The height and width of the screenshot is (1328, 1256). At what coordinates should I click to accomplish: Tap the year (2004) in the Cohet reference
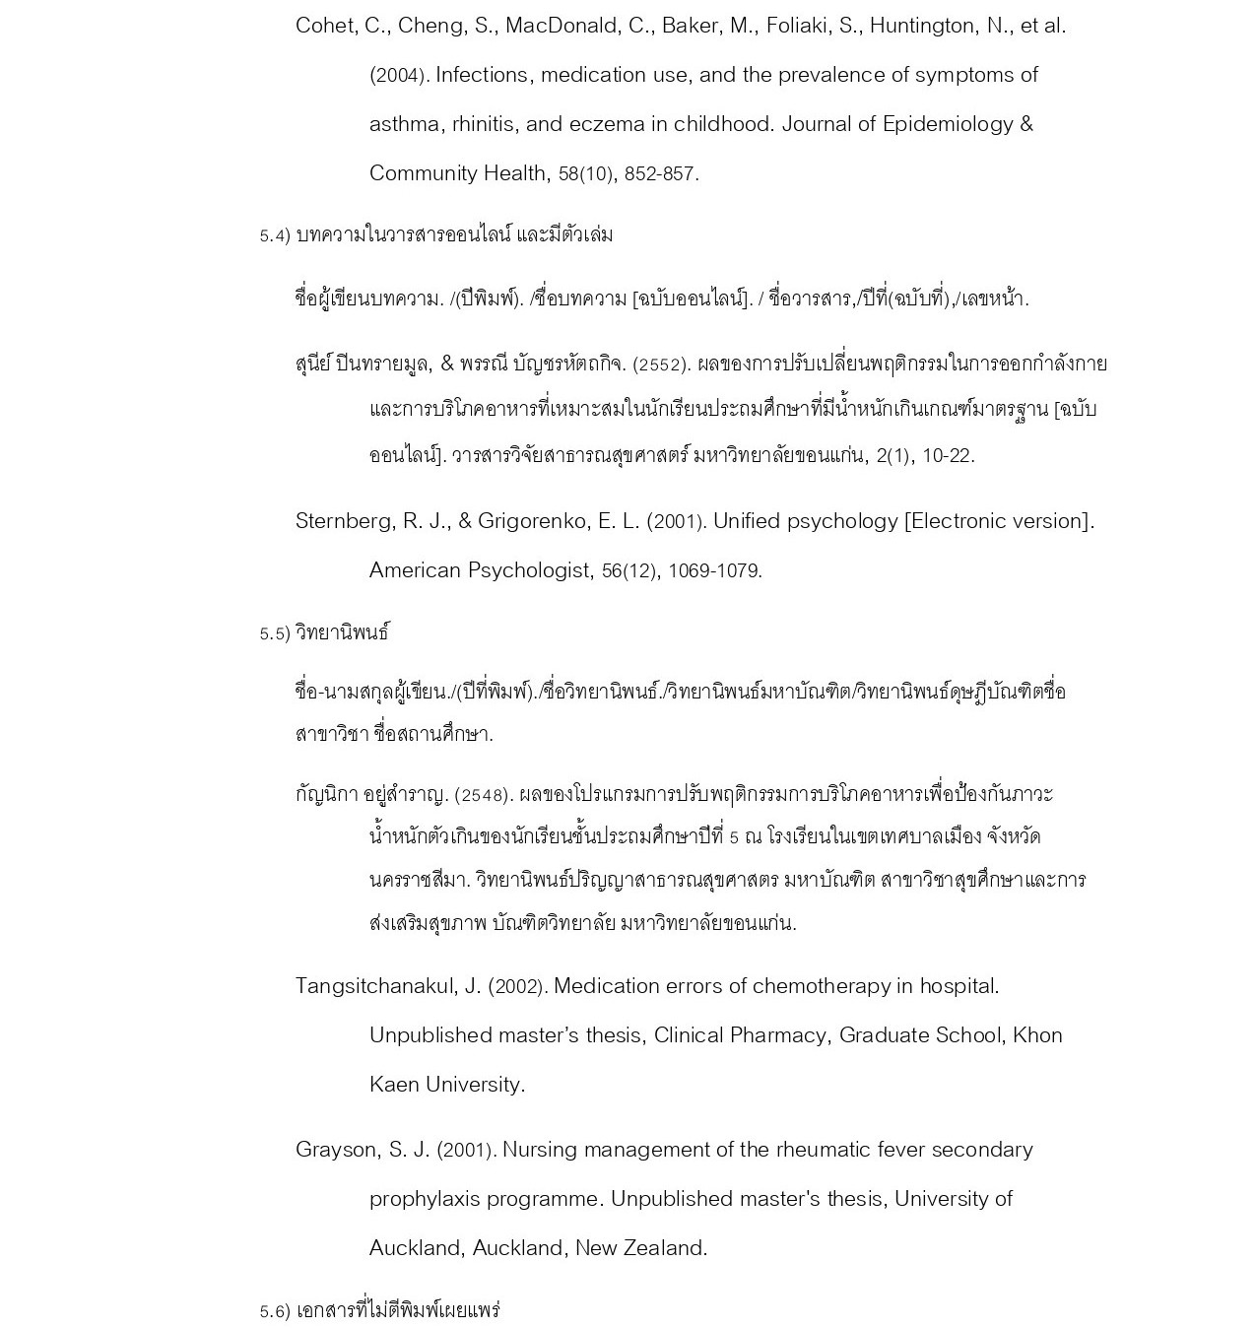[398, 76]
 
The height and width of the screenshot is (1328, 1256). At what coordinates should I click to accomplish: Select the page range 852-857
[661, 174]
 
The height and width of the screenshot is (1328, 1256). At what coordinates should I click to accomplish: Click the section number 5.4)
[275, 235]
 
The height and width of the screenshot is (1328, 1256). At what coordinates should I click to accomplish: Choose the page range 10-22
[947, 456]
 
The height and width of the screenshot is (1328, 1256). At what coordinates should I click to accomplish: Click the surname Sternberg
[345, 521]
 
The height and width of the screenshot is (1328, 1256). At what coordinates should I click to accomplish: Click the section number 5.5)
[275, 633]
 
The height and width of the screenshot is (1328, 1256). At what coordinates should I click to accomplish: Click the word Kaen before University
[393, 1085]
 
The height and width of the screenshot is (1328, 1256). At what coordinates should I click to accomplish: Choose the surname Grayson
[337, 1150]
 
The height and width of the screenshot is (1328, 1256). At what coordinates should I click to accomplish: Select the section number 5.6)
[275, 1311]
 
